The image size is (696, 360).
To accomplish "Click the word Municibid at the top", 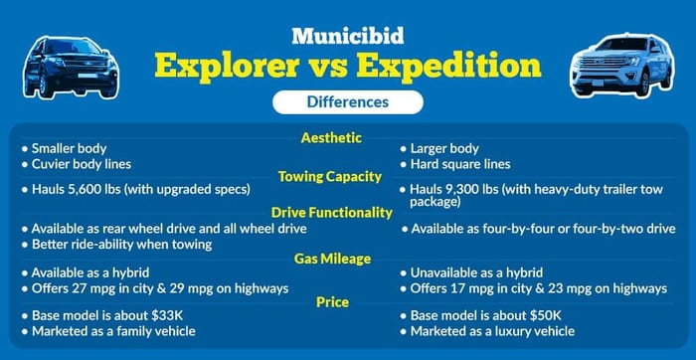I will (347, 36).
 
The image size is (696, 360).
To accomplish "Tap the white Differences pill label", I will (347, 101).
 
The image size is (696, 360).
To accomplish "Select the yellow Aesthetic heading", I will (331, 137).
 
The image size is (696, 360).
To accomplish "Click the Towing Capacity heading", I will (330, 176).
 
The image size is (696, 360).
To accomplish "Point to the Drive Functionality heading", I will (332, 212).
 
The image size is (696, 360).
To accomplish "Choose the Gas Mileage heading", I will (332, 259).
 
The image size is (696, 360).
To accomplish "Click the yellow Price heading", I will (331, 301).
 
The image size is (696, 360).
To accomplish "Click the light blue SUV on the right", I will (622, 66).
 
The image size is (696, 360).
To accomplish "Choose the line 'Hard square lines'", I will (460, 164).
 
